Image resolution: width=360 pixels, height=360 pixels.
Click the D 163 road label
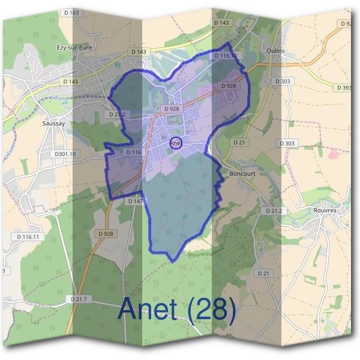[70, 13]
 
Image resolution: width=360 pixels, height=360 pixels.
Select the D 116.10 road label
[229, 56]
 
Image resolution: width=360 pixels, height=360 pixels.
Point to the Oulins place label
[276, 50]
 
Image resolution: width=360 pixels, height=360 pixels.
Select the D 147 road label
[136, 201]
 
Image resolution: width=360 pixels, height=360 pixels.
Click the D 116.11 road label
[28, 237]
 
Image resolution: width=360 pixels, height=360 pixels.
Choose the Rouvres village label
[326, 211]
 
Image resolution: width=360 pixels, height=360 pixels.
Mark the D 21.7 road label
[79, 299]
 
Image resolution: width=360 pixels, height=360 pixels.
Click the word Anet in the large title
[148, 309]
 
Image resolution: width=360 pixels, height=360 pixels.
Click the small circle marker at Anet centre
[175, 143]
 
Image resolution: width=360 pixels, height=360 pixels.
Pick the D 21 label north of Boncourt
[239, 142]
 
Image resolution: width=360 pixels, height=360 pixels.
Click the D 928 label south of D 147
[105, 233]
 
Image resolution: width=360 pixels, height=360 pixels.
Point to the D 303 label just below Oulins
[283, 80]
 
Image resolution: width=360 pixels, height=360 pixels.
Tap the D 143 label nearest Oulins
[221, 22]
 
